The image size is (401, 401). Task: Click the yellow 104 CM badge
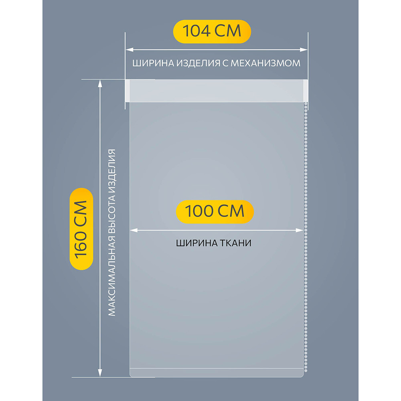click(212, 30)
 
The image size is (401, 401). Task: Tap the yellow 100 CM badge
click(215, 211)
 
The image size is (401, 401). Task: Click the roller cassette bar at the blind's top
click(217, 91)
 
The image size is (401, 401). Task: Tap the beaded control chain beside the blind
click(306, 241)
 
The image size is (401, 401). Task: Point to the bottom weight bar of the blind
click(217, 373)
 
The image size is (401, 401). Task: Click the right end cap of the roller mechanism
click(306, 91)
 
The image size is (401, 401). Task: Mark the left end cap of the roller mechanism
click(128, 91)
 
